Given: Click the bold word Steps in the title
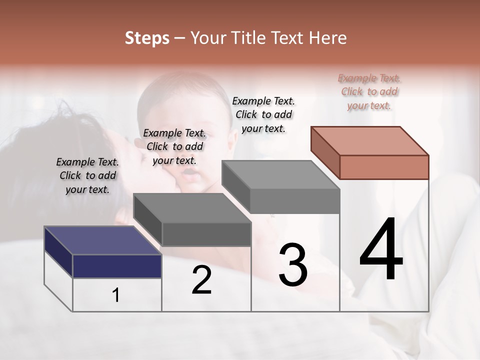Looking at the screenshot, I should point(147,38).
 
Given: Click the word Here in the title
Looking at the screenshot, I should point(327,38).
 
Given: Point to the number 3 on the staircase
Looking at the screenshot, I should point(292,265).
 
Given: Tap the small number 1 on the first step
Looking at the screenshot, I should point(116,295).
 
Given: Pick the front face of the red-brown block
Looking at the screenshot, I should point(384,167).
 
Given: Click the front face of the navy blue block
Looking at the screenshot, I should point(117,266).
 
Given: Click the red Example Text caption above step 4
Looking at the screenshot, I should point(369,92).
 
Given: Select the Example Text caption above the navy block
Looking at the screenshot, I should point(87,176).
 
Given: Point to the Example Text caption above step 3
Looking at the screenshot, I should point(263,114).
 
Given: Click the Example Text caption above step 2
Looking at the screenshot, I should point(174,147).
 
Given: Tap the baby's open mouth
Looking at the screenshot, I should point(189,173).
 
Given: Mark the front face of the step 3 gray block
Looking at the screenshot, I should point(295,201).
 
